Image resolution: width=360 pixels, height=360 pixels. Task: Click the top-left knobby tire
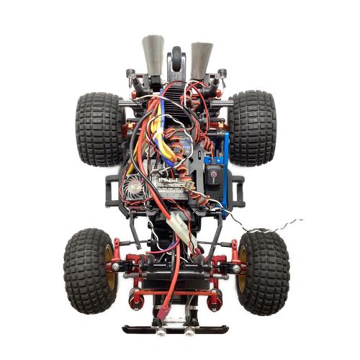point(99,128)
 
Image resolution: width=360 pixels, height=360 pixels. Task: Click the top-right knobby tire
point(253,127)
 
